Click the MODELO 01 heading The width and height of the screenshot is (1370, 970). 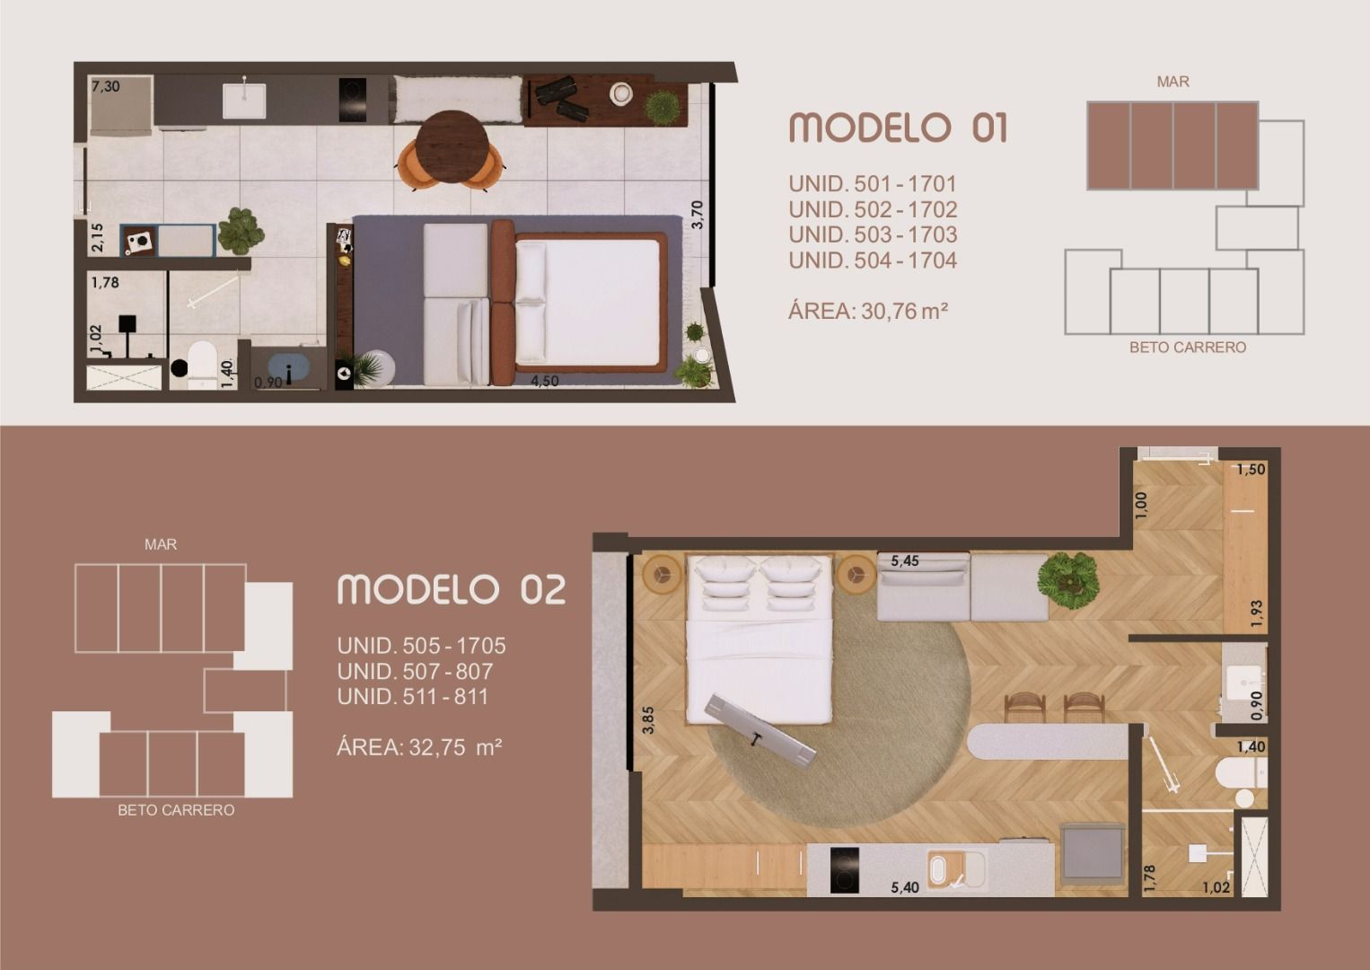click(x=898, y=128)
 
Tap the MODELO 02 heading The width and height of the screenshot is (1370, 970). click(x=452, y=589)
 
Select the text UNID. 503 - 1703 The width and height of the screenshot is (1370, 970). click(x=873, y=234)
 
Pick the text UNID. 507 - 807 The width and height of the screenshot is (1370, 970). click(x=415, y=671)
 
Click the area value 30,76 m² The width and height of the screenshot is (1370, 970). click(x=905, y=311)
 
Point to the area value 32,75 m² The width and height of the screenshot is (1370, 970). click(x=456, y=747)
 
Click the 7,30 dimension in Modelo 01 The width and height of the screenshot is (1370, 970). click(x=106, y=86)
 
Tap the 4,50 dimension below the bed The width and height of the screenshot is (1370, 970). click(x=544, y=381)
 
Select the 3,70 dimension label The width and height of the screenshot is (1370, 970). click(x=698, y=215)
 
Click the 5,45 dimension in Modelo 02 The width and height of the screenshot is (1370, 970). click(x=905, y=560)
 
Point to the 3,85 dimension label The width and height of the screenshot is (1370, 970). click(x=648, y=720)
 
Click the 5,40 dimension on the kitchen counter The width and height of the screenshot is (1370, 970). click(x=905, y=886)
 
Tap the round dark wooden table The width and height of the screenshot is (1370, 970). click(x=452, y=147)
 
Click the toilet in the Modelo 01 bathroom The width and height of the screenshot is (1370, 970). click(x=202, y=366)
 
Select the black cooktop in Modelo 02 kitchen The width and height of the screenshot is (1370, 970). click(x=844, y=869)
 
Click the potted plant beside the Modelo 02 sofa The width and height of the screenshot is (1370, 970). click(x=1067, y=580)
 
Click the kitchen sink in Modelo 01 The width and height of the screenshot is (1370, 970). click(x=244, y=101)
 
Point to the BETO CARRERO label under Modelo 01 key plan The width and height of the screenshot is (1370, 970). click(x=1188, y=347)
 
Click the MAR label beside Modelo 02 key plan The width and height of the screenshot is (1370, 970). click(x=160, y=544)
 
